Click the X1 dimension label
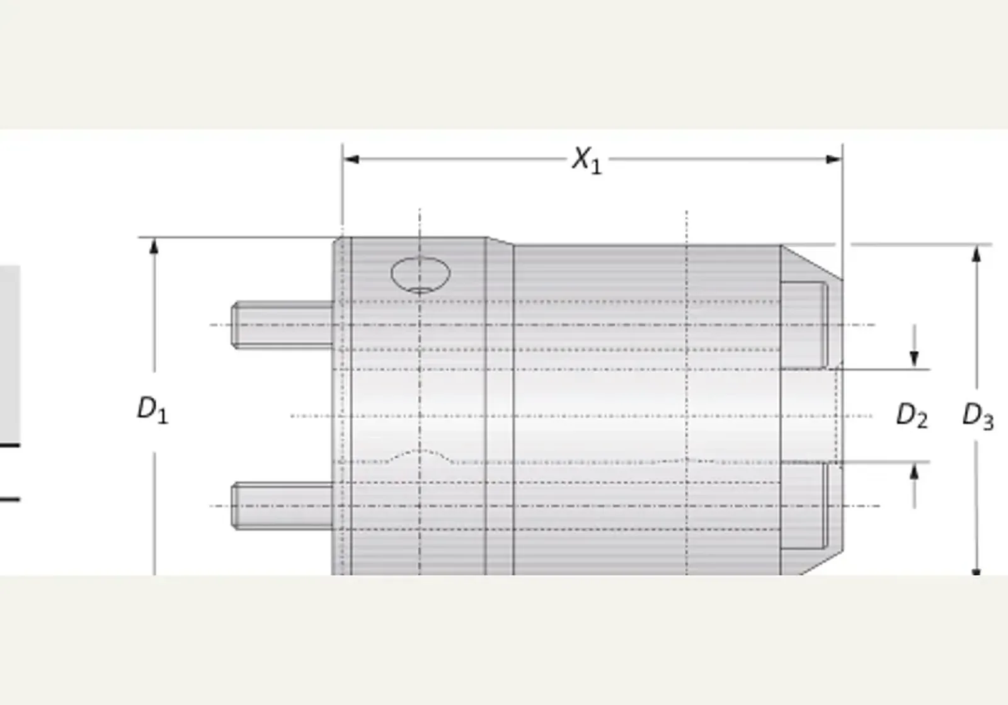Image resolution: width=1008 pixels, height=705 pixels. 587,160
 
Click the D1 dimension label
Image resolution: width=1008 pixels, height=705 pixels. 152,410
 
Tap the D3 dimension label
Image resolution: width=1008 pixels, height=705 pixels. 978,416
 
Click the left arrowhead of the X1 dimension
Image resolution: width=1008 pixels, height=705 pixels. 351,159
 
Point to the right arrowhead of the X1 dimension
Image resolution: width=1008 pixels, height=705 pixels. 834,159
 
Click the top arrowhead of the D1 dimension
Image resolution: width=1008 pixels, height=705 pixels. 154,247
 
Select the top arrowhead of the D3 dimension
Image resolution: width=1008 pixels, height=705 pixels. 976,254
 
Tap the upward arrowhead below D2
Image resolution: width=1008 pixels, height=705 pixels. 914,471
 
